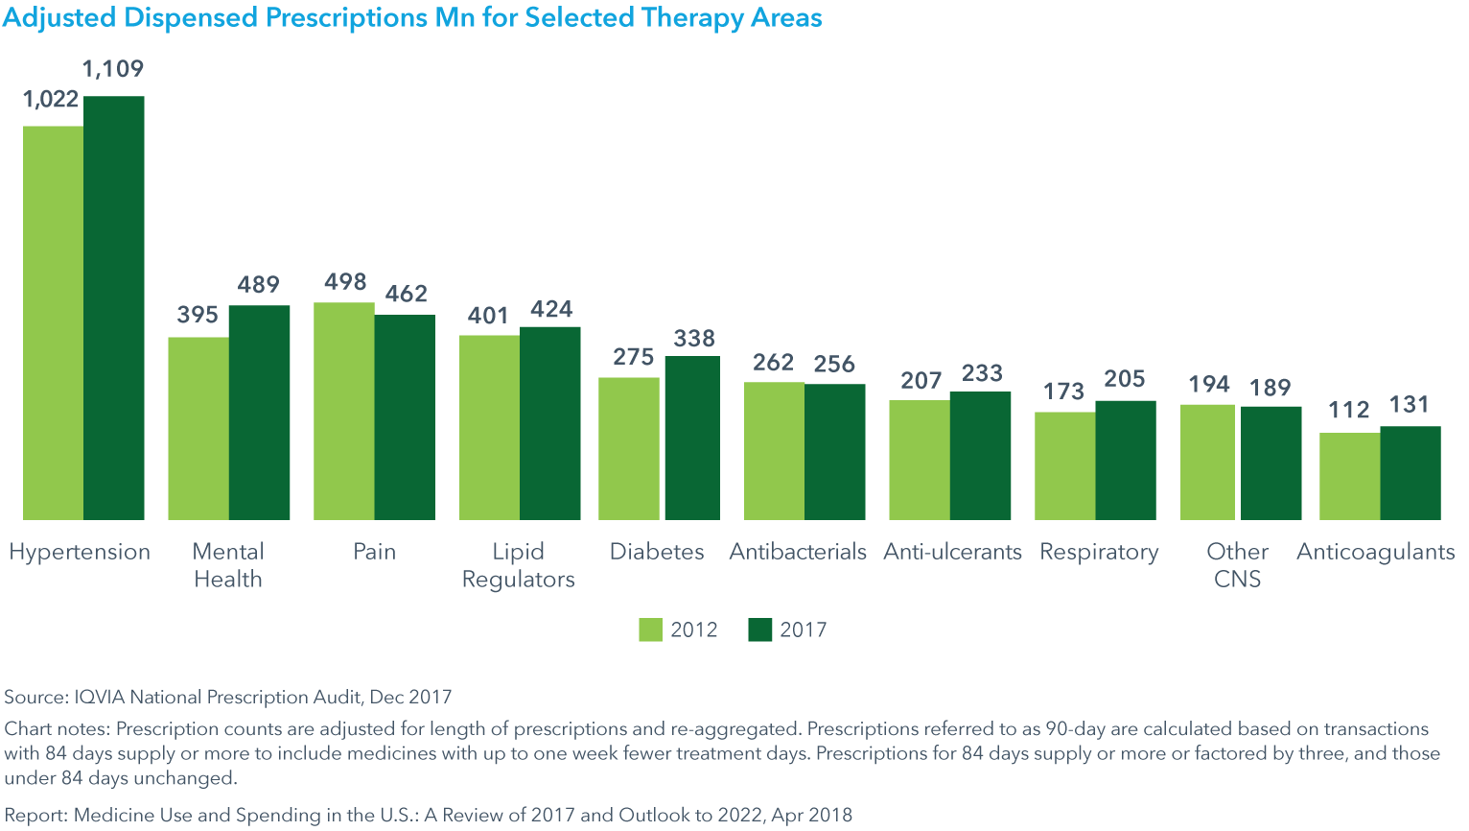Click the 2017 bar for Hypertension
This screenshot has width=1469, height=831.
[x=114, y=307]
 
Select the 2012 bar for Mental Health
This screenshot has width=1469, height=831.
[x=198, y=428]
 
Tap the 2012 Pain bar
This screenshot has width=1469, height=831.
[x=344, y=411]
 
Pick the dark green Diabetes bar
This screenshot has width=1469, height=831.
[x=692, y=438]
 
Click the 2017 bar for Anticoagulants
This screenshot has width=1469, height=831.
[x=1411, y=473]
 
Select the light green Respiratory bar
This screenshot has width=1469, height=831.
[x=1064, y=465]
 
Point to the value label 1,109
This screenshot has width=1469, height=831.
[x=113, y=69]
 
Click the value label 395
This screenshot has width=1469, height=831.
[x=198, y=315]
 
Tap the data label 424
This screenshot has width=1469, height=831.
[x=551, y=309]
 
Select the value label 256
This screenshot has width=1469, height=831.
[x=834, y=365]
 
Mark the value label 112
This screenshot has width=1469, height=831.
[x=1348, y=411]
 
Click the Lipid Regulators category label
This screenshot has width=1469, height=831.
[x=518, y=565]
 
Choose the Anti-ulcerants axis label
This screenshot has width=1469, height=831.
[x=952, y=552]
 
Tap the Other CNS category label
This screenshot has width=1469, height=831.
[x=1237, y=565]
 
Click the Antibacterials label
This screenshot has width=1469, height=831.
[x=798, y=552]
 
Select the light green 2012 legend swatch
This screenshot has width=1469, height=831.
[x=650, y=629]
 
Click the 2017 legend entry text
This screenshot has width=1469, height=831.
[x=803, y=629]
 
